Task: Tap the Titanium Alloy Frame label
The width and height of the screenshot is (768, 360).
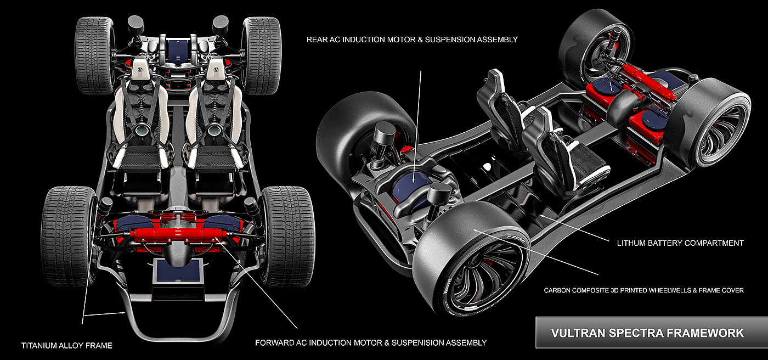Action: click(66, 346)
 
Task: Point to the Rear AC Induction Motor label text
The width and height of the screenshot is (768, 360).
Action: click(412, 40)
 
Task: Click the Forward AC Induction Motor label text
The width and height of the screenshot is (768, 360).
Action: click(371, 343)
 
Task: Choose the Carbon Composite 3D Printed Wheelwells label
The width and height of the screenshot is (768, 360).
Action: click(643, 290)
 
